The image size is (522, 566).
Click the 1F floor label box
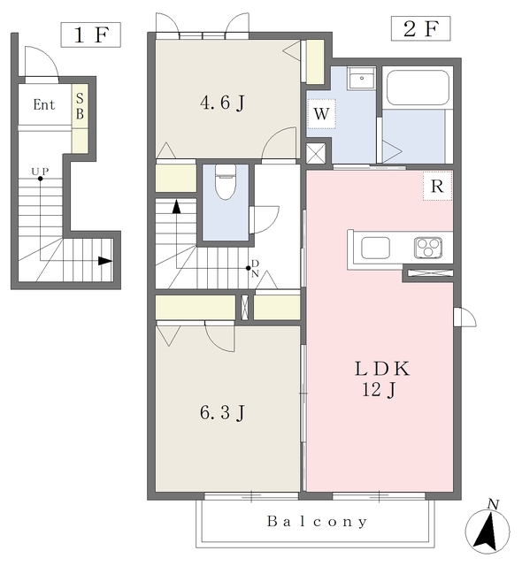(90, 34)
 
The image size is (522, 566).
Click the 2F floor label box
(420, 28)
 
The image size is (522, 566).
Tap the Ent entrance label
(44, 104)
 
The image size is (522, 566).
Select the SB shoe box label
(80, 106)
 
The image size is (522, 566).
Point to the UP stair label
(40, 171)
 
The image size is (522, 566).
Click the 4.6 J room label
(222, 103)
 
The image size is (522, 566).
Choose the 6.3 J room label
(222, 412)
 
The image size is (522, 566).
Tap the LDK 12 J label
(382, 379)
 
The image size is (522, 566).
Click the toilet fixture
(226, 182)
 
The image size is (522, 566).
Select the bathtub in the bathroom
(418, 87)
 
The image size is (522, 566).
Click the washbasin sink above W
(361, 78)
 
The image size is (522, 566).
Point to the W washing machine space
(321, 113)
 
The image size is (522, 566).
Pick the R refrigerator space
(437, 186)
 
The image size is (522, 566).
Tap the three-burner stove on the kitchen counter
(428, 248)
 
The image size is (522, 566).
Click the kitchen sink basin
(375, 248)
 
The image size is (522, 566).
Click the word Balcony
(317, 522)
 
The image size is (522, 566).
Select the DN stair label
(255, 268)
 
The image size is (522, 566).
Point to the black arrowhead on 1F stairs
(105, 261)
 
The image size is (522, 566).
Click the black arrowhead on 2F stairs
(176, 206)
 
